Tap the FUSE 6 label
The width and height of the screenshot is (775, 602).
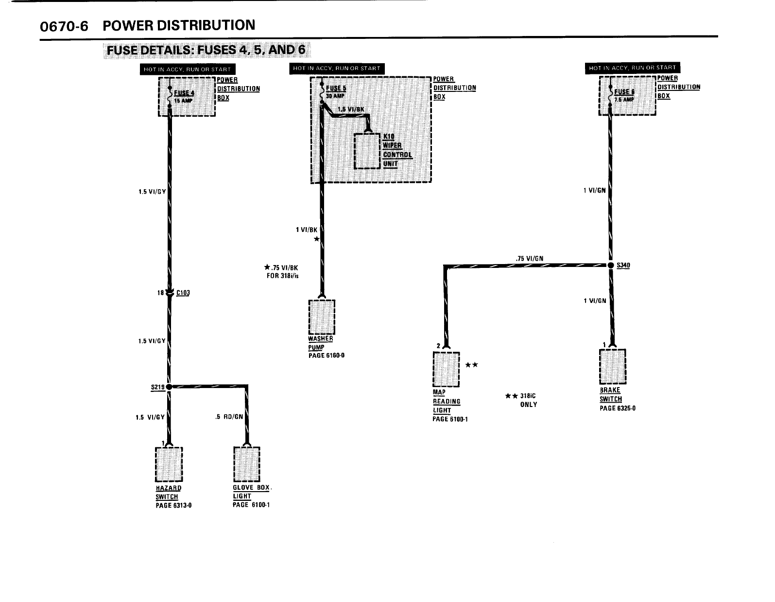[x=624, y=91]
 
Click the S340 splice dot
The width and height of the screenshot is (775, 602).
[x=611, y=265]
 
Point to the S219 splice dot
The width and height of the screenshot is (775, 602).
[x=169, y=387]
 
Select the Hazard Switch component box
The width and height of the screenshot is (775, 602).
[x=169, y=464]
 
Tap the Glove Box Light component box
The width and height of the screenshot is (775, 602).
[x=247, y=464]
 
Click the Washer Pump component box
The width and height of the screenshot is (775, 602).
[x=322, y=317]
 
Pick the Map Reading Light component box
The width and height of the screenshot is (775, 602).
[x=446, y=369]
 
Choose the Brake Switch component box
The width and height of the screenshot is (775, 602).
[x=612, y=367]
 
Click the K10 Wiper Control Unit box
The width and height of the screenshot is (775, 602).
[x=367, y=150]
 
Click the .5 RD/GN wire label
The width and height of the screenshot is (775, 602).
[x=228, y=417]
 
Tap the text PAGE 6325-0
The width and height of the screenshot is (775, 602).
[x=617, y=408]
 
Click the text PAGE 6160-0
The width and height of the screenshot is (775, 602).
[x=326, y=355]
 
